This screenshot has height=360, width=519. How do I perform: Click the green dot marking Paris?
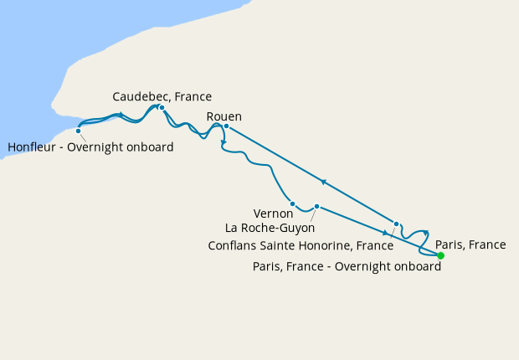(x=440, y=255)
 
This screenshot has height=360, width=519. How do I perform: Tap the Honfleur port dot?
(x=78, y=131)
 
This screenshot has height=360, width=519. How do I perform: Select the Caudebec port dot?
(x=162, y=107)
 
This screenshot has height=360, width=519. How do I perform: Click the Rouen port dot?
(x=226, y=126)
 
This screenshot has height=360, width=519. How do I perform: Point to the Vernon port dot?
(x=292, y=203)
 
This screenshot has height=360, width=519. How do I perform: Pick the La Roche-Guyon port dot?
(x=316, y=206)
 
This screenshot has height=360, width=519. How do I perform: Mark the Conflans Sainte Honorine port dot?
(x=396, y=224)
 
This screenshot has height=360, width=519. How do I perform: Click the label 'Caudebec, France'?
(x=162, y=96)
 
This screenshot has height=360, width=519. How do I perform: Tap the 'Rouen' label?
(x=224, y=116)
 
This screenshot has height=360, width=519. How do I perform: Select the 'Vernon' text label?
(x=273, y=213)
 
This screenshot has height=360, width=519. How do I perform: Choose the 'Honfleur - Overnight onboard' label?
(x=90, y=148)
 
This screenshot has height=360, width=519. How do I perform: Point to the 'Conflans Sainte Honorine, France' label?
(x=301, y=246)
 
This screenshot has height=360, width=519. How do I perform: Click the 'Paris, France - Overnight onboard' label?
(x=347, y=266)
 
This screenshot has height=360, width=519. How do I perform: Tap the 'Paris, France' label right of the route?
(x=470, y=245)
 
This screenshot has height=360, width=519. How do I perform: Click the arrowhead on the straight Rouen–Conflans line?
(x=323, y=182)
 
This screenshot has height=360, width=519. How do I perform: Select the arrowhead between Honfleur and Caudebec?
(x=121, y=115)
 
